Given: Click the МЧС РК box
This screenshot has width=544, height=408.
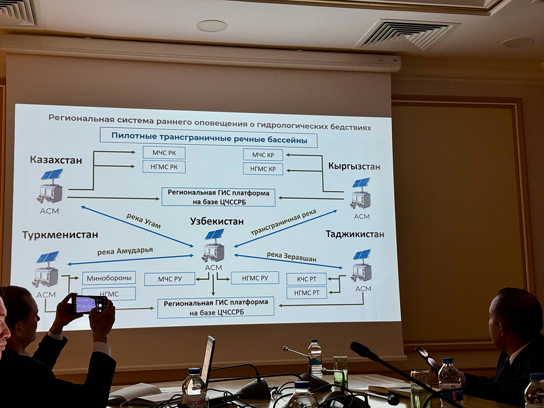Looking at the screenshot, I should [164, 153].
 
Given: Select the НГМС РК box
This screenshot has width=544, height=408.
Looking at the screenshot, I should [164, 166].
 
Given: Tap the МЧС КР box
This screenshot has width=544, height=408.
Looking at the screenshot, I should [263, 155].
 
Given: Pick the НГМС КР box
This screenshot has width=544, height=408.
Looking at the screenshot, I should [263, 169].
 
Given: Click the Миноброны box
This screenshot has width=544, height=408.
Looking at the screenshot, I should [109, 278].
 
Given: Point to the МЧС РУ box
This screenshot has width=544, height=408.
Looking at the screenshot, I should [170, 279].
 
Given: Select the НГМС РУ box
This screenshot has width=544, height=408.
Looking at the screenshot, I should [254, 277].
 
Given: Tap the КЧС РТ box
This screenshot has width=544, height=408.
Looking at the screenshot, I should [306, 279].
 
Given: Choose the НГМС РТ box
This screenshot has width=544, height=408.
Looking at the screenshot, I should [306, 292].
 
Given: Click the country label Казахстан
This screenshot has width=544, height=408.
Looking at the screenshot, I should [56, 160].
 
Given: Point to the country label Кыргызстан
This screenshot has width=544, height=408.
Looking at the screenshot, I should [354, 166].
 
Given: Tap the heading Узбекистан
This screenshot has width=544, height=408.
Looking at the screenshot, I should [217, 221].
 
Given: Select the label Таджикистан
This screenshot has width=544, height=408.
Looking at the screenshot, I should [355, 234].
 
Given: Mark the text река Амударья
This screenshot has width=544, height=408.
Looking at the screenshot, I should [125, 251].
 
